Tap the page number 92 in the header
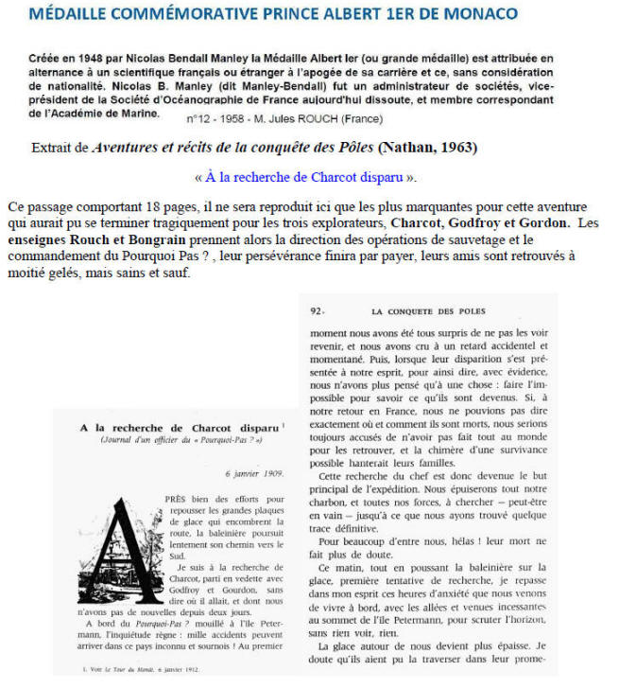point(318,310)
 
